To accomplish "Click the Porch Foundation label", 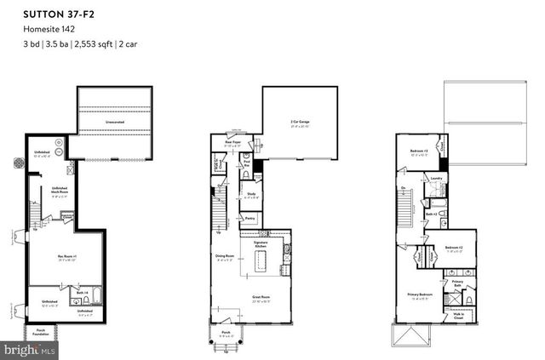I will tap(41, 333).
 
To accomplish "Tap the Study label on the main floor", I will tap(252, 195).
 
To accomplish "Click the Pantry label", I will tap(250, 218).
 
